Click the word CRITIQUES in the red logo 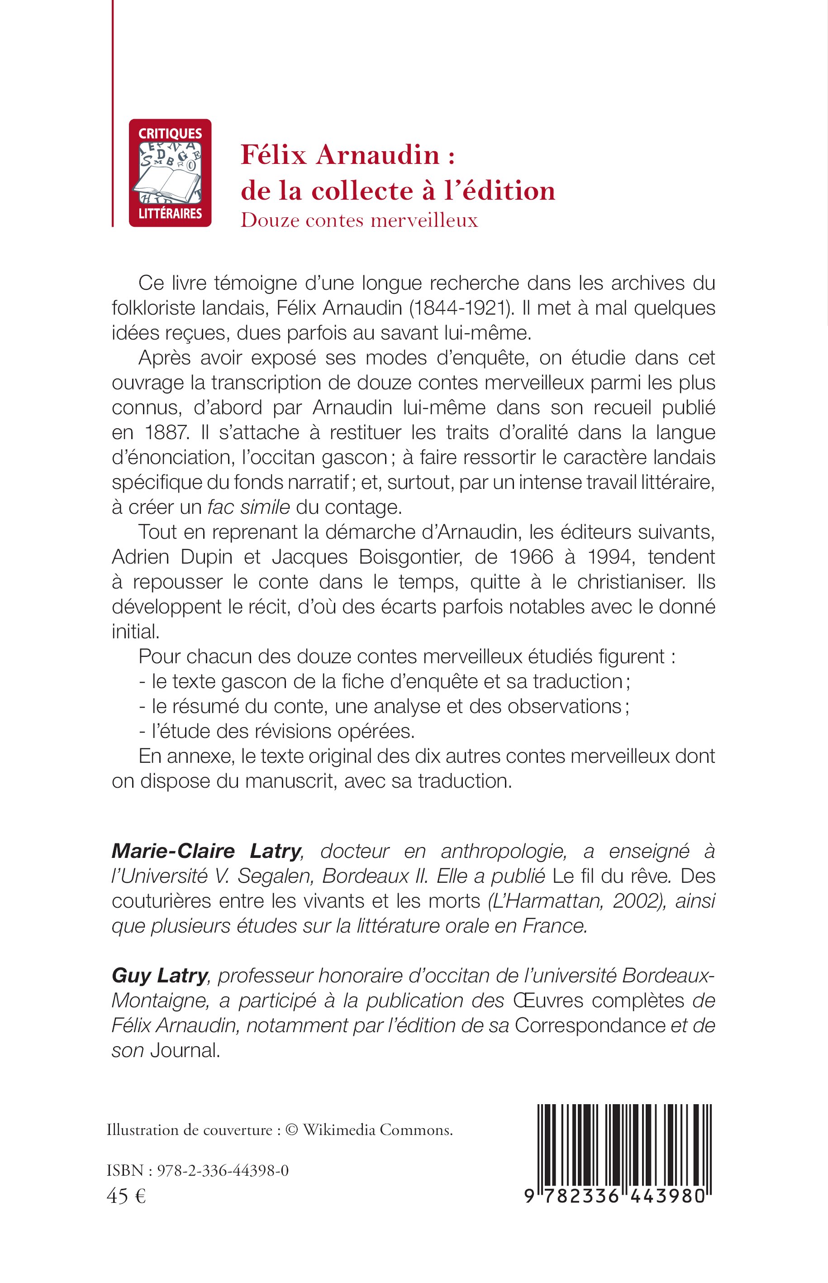click(x=170, y=134)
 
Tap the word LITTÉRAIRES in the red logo click(x=170, y=214)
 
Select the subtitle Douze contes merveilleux click(x=359, y=220)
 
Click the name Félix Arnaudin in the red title click(x=340, y=155)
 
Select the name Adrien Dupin click(x=172, y=557)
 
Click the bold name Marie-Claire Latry click(x=206, y=851)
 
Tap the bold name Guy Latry click(x=159, y=975)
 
